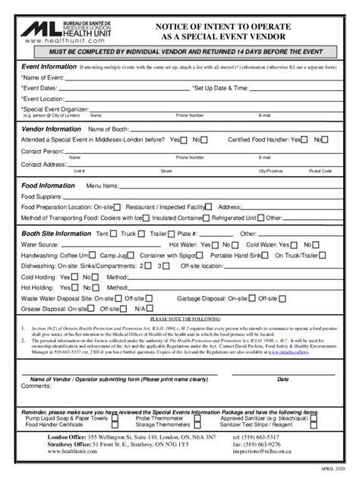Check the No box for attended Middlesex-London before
pos(206,140)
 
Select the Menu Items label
pos(103,185)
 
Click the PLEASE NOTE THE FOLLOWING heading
pos(180,319)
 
